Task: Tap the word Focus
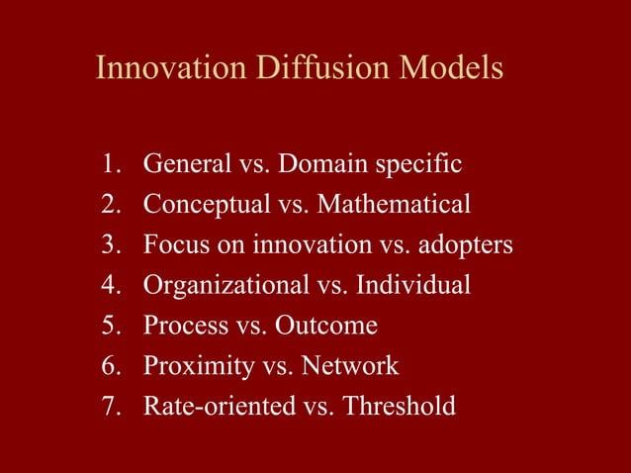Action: [173, 244]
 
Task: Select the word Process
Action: [179, 326]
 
